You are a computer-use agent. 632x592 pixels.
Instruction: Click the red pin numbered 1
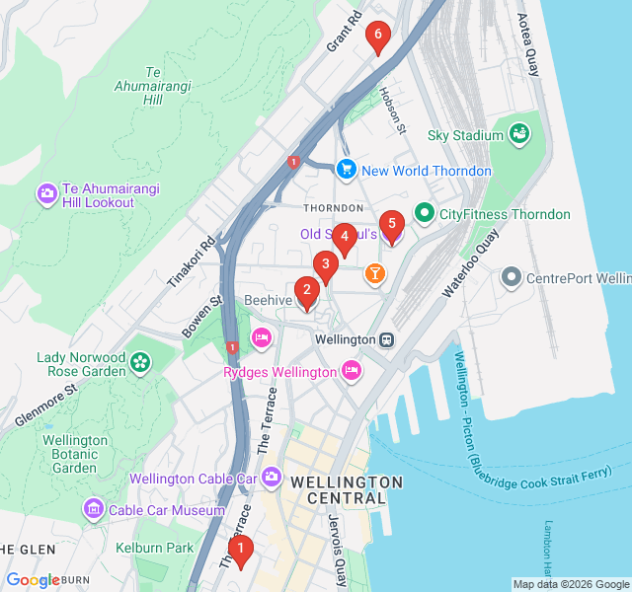pyautogui.click(x=240, y=549)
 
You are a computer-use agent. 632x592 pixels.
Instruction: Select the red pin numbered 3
pyautogui.click(x=325, y=265)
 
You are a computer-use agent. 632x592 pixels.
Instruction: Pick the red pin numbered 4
pyautogui.click(x=344, y=238)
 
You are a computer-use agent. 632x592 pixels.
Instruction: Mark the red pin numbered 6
pyautogui.click(x=376, y=37)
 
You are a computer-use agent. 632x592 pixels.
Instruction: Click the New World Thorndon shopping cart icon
pyautogui.click(x=346, y=170)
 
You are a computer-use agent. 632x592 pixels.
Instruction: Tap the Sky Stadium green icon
pyautogui.click(x=519, y=134)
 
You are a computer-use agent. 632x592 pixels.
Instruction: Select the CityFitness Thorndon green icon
pyautogui.click(x=425, y=213)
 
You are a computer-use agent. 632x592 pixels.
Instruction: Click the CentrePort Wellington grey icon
pyautogui.click(x=511, y=277)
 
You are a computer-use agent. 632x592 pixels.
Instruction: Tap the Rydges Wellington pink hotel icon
pyautogui.click(x=350, y=371)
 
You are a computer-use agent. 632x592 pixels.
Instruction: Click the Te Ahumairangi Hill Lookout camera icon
pyautogui.click(x=46, y=194)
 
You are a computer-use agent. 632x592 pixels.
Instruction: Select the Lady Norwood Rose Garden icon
pyautogui.click(x=140, y=364)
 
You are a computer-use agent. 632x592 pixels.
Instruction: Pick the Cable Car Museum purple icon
pyautogui.click(x=94, y=509)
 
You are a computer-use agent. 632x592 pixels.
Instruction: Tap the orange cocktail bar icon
pyautogui.click(x=374, y=273)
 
